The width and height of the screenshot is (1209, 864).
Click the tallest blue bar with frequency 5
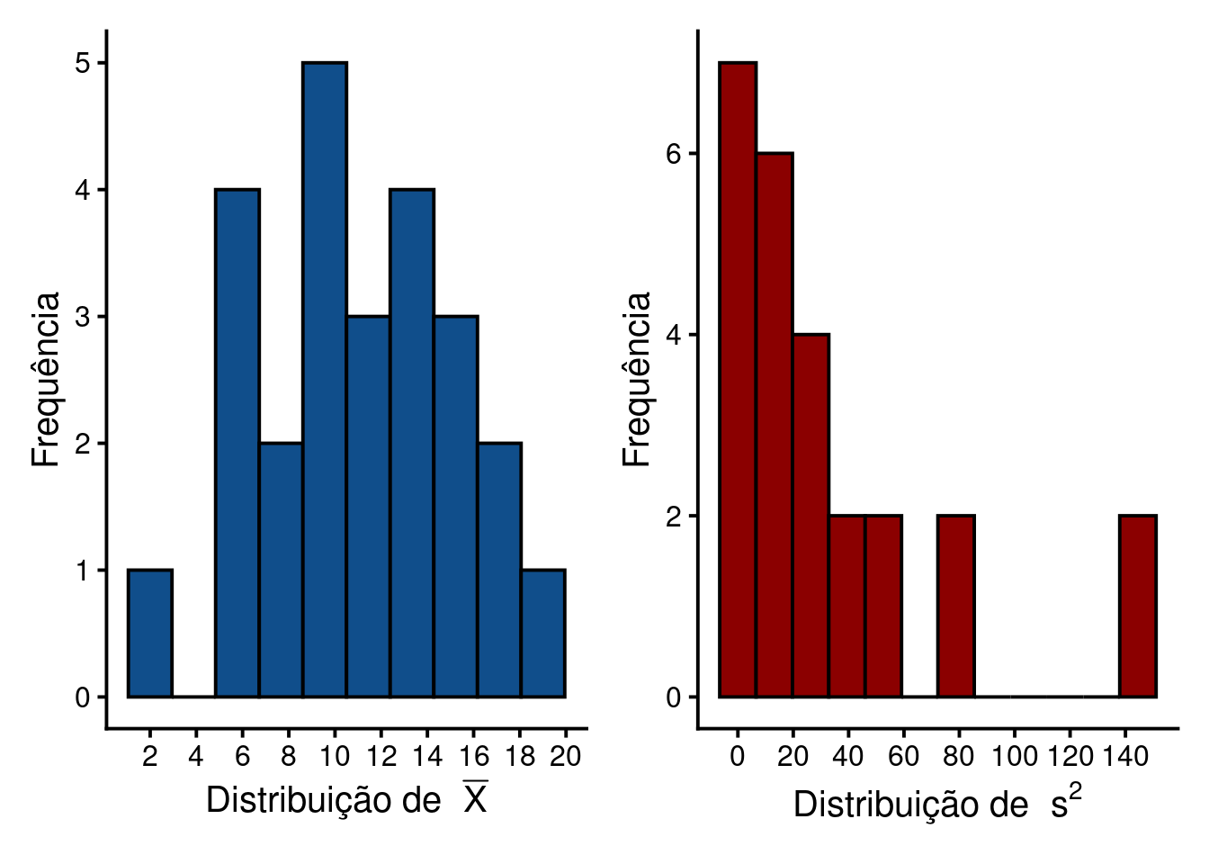(325, 378)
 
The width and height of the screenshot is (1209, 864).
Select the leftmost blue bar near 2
(150, 633)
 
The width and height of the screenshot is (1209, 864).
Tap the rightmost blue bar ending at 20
(543, 633)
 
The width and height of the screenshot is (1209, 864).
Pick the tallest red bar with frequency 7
(738, 378)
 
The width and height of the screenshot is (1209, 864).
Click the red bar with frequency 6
(775, 423)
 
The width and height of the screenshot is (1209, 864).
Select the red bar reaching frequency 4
(811, 515)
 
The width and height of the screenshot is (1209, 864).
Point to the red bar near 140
(1138, 606)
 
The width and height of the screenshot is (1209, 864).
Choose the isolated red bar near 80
(956, 606)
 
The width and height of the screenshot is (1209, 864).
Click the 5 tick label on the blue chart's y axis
(84, 63)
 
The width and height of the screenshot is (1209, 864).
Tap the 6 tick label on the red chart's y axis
(674, 154)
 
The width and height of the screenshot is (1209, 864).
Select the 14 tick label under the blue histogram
(427, 757)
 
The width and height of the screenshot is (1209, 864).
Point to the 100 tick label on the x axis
(1015, 757)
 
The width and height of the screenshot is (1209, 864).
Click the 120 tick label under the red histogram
(1070, 757)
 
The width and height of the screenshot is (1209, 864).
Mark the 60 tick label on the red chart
(903, 757)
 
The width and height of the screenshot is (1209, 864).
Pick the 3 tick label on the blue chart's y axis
(84, 317)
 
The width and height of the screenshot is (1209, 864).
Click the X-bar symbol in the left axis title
(476, 798)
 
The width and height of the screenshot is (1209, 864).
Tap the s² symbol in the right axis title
(1066, 802)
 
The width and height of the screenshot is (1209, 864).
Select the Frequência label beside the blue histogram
(45, 378)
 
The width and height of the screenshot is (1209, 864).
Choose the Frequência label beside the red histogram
(636, 378)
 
